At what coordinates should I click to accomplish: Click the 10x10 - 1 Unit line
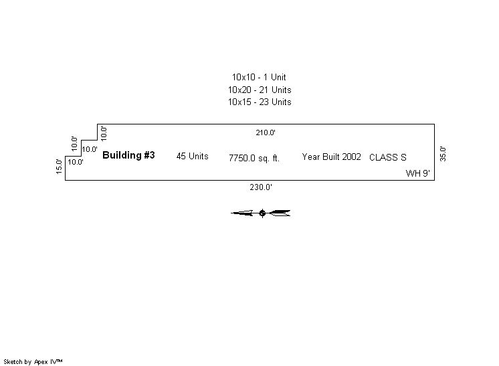[259, 78]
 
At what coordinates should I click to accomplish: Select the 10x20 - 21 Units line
[259, 90]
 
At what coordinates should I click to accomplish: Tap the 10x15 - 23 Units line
[259, 102]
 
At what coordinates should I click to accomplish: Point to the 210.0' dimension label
[266, 132]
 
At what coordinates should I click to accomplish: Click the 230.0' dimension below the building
[261, 187]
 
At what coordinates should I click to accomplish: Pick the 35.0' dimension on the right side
[443, 153]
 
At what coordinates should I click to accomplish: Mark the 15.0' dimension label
[60, 167]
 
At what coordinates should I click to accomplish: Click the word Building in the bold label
[122, 155]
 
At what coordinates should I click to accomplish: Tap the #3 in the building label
[149, 155]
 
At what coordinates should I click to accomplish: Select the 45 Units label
[192, 157]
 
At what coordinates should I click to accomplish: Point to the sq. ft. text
[269, 159]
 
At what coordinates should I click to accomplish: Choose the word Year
[311, 157]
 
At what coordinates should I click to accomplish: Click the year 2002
[351, 157]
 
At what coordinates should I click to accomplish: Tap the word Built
[330, 157]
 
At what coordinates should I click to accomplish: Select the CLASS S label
[387, 158]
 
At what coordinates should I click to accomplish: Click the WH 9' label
[417, 173]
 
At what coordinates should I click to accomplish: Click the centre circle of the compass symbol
[262, 213]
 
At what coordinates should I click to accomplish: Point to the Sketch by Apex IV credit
[33, 361]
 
